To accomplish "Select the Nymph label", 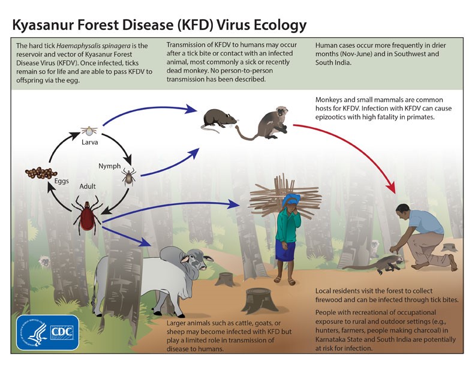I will click(109, 166).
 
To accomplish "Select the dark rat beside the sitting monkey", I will click(218, 118).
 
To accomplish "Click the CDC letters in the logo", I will click(61, 332).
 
